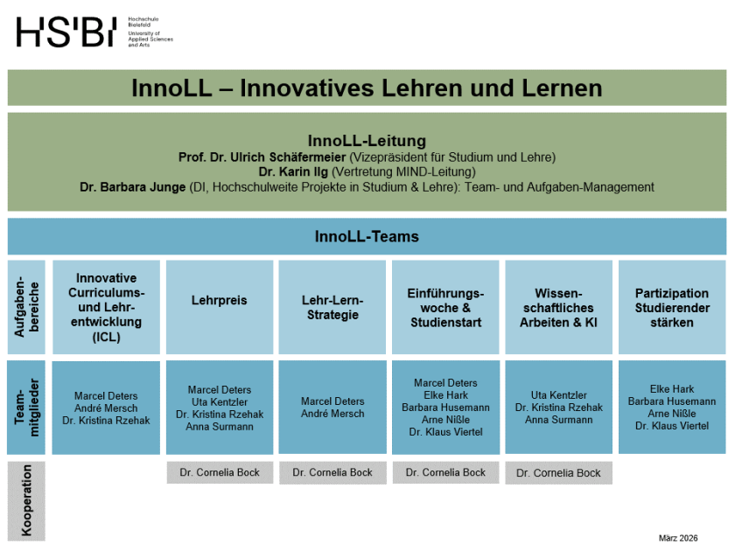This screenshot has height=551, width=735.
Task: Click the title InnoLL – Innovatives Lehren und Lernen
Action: (367, 88)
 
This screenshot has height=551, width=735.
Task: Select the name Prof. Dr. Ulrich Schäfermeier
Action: (262, 157)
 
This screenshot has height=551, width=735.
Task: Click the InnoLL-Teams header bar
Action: (367, 236)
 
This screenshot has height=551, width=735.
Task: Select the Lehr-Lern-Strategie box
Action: (332, 308)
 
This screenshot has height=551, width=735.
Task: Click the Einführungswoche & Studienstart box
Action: (445, 308)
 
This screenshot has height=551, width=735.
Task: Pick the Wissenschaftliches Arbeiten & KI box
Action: (558, 308)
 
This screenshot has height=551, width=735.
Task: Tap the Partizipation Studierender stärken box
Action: (672, 308)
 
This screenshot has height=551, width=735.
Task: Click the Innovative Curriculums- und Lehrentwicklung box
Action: (107, 307)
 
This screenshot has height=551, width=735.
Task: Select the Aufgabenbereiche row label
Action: (26, 307)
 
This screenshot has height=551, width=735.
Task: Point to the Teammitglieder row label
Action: (26, 408)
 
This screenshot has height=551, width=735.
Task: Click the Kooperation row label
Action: (26, 500)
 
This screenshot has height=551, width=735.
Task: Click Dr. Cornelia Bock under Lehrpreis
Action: (220, 472)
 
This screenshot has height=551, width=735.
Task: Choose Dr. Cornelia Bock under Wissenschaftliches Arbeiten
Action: (558, 473)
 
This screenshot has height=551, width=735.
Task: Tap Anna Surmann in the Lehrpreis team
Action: (220, 427)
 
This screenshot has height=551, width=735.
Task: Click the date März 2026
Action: (679, 537)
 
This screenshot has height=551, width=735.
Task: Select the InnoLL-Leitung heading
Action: (367, 141)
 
